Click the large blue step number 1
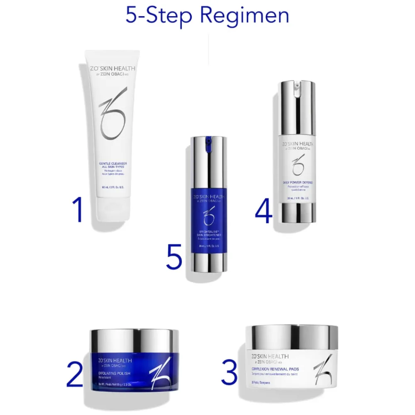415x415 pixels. pos(78,210)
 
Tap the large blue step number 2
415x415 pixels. pos(75,375)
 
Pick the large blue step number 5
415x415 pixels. pos(174,257)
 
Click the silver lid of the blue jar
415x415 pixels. pos(135,340)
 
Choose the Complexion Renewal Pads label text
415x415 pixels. pos(275,369)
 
